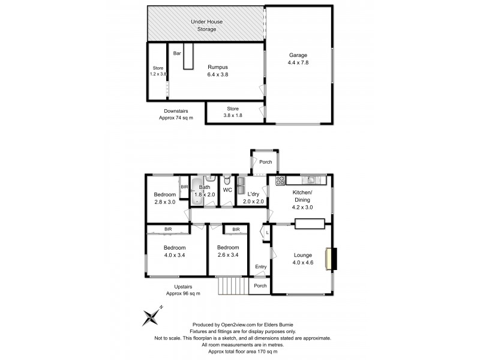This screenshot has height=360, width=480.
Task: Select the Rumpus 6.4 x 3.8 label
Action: click(x=218, y=70)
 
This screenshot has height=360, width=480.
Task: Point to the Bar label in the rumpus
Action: click(x=177, y=53)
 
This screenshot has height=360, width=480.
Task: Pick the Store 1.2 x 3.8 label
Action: click(x=158, y=71)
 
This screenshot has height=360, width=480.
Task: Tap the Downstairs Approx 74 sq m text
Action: click(x=175, y=115)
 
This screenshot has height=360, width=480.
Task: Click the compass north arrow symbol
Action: click(x=153, y=317)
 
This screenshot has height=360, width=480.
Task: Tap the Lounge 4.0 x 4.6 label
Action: click(x=302, y=258)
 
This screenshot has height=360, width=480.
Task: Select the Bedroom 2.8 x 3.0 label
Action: click(x=164, y=198)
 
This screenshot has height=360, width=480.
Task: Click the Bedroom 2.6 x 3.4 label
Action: click(x=228, y=251)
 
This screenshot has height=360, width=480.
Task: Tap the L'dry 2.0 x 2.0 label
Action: click(x=253, y=198)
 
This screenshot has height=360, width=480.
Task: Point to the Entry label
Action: click(x=260, y=267)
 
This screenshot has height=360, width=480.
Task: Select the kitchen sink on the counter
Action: click(x=311, y=179)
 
